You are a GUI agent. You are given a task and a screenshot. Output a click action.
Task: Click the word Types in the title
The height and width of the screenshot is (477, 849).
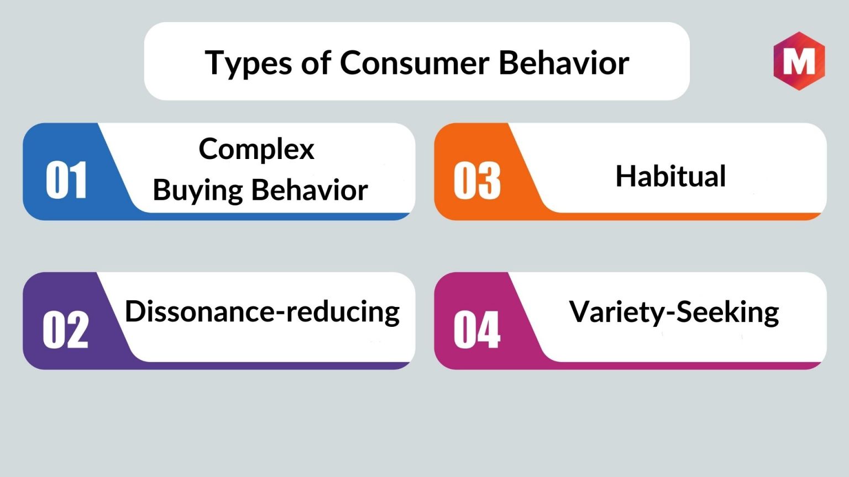pyautogui.click(x=248, y=63)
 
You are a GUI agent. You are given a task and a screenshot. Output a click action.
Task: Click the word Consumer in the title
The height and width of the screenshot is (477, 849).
pyautogui.click(x=414, y=62)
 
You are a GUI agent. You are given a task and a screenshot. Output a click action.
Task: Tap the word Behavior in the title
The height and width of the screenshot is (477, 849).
pyautogui.click(x=564, y=62)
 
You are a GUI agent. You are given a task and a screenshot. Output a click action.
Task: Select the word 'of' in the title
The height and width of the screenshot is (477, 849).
pyautogui.click(x=316, y=62)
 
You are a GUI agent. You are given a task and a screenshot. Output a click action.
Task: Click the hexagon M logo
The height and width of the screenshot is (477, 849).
pyautogui.click(x=799, y=61)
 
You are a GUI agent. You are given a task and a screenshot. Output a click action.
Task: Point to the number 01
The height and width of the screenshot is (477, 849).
pyautogui.click(x=66, y=179)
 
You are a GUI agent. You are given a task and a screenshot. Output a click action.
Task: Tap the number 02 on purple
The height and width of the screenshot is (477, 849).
pyautogui.click(x=66, y=330)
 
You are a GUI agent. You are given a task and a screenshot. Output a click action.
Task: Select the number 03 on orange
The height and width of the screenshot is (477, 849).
pyautogui.click(x=477, y=180)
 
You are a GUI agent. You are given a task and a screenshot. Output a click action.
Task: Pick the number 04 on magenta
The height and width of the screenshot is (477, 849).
pyautogui.click(x=477, y=330)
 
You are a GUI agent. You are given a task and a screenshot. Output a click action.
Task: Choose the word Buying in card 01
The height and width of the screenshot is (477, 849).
pyautogui.click(x=197, y=190)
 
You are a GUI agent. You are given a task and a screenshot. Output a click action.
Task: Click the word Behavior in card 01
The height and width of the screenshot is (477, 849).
pyautogui.click(x=310, y=189)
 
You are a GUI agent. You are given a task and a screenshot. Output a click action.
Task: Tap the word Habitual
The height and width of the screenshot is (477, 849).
pyautogui.click(x=670, y=176)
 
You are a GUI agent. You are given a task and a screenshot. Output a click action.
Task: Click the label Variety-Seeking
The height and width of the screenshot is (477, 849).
pyautogui.click(x=674, y=312)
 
